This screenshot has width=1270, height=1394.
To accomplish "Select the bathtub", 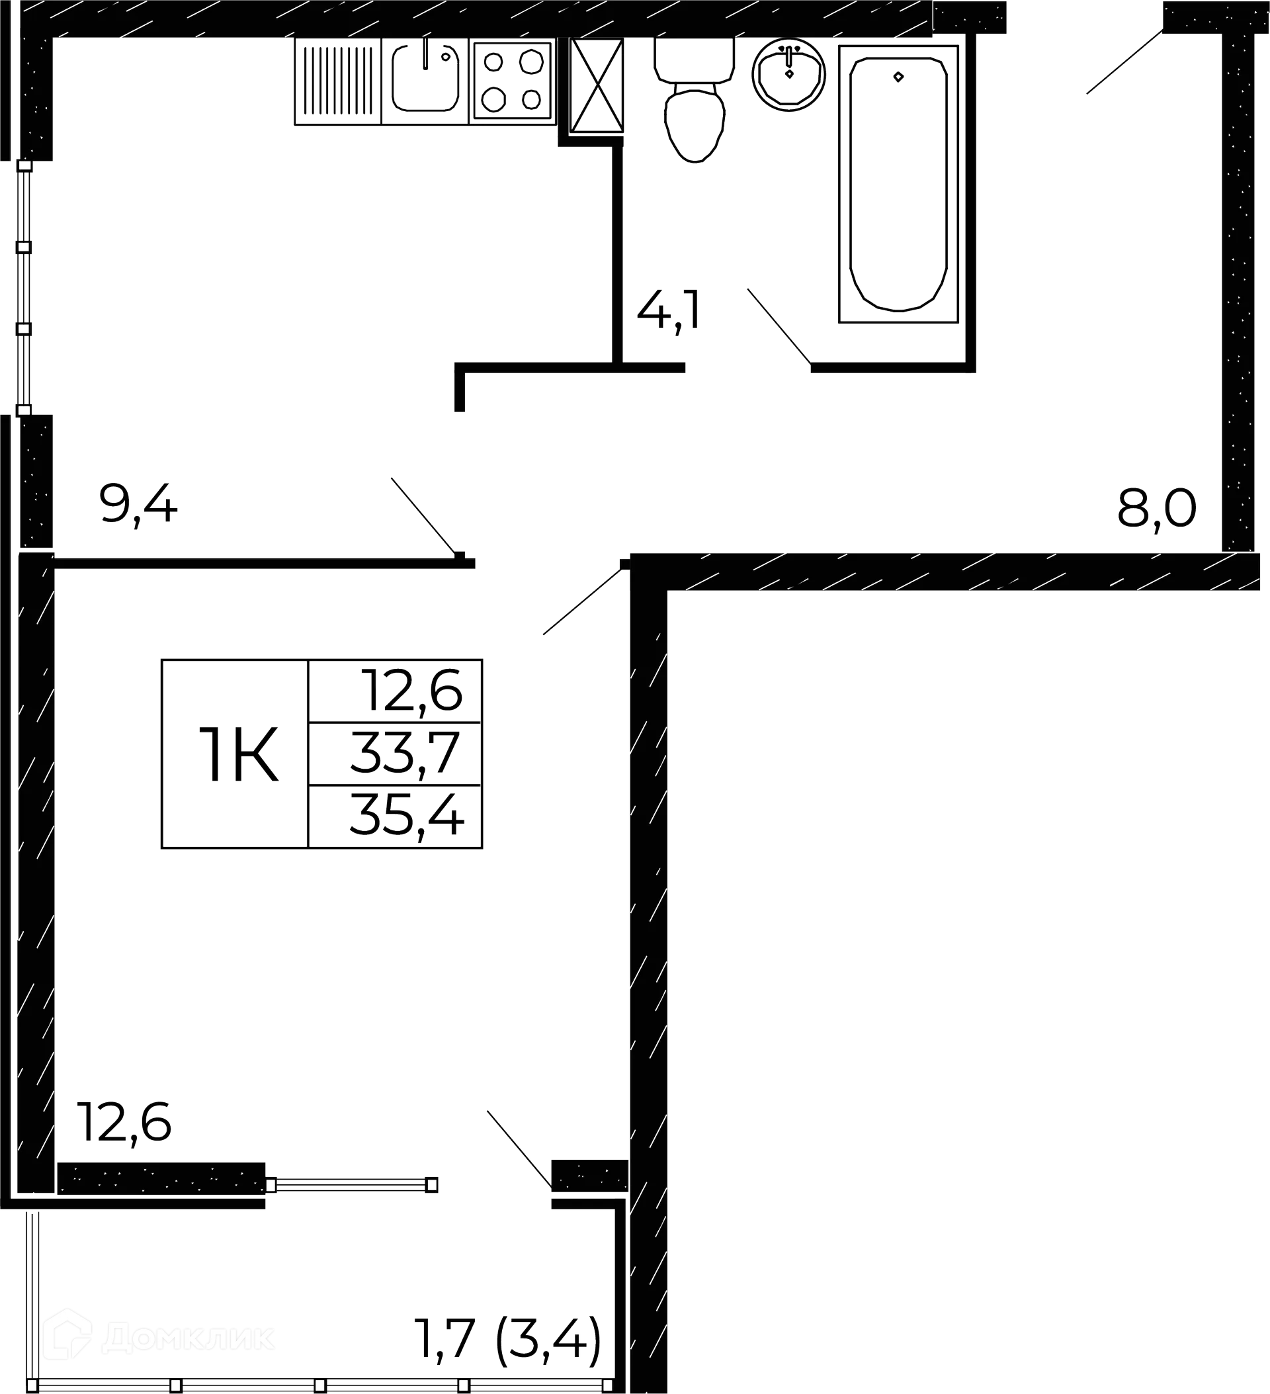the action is click(x=898, y=184).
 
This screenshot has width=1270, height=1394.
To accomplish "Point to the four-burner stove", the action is click(x=512, y=81).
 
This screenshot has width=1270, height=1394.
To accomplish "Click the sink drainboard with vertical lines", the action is click(x=338, y=81).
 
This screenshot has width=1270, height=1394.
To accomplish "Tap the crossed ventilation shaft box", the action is click(x=597, y=85).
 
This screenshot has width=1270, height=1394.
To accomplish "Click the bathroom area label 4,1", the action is click(x=669, y=311).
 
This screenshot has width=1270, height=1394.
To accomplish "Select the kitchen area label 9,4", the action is click(x=138, y=505).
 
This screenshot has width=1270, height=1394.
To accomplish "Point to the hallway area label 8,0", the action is click(x=1157, y=508).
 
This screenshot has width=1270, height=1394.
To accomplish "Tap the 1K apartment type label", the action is click(x=238, y=754).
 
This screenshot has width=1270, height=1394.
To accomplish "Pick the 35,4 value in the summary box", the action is click(x=407, y=815).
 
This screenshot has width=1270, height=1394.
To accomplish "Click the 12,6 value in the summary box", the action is click(x=412, y=691).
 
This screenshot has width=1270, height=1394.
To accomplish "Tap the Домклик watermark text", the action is click(x=188, y=1338).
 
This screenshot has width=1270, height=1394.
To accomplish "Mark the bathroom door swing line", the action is click(x=779, y=326).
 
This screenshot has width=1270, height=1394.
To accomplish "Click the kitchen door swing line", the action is click(x=425, y=516).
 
